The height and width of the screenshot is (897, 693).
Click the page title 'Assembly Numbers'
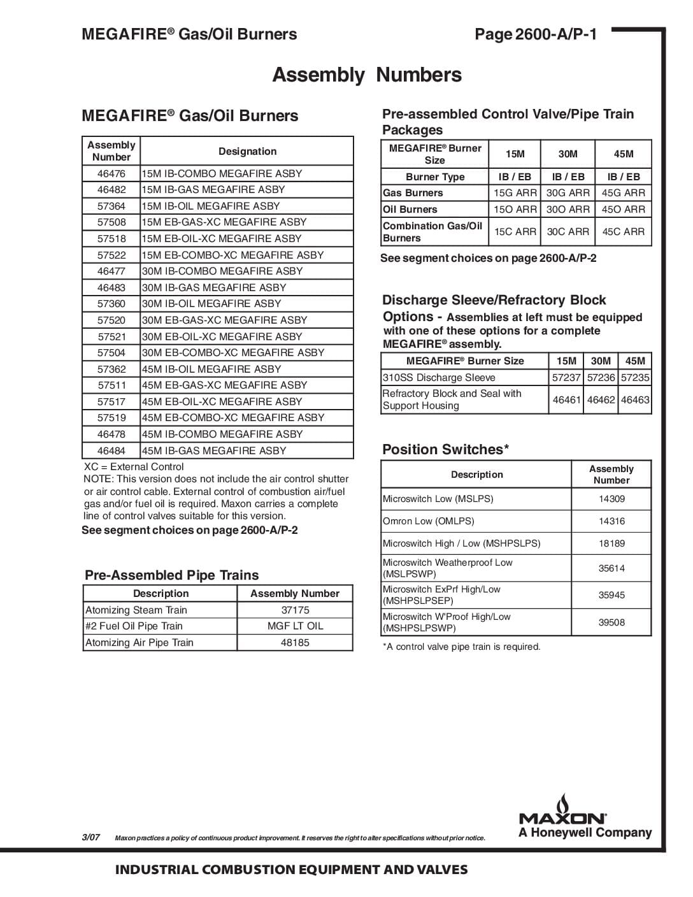pyautogui.click(x=367, y=75)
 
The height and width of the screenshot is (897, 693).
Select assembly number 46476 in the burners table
pyautogui.click(x=111, y=173)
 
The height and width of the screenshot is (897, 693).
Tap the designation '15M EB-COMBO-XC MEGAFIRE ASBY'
pyautogui.click(x=232, y=255)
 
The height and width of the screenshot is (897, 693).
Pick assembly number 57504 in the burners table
pyautogui.click(x=111, y=353)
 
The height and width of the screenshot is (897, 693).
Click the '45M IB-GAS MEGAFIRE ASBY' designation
pyautogui.click(x=214, y=450)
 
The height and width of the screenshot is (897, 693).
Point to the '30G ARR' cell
pyautogui.click(x=568, y=193)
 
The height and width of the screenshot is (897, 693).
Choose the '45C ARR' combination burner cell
pyautogui.click(x=623, y=232)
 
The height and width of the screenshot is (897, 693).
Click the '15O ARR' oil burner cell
pyautogui.click(x=515, y=210)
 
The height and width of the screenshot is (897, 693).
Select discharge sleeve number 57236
pyautogui.click(x=601, y=378)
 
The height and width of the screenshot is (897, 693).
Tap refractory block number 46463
pyautogui.click(x=635, y=400)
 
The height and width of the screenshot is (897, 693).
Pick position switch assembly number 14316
pyautogui.click(x=611, y=521)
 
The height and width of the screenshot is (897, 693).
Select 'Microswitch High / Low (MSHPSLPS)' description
pyautogui.click(x=461, y=543)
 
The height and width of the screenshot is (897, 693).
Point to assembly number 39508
pyautogui.click(x=611, y=622)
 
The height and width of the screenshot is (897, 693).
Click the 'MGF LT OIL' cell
pyautogui.click(x=295, y=626)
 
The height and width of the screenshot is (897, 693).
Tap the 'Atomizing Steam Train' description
pyautogui.click(x=136, y=610)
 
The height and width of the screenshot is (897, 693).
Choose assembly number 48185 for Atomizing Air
pyautogui.click(x=295, y=643)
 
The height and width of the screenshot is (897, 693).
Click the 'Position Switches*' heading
pyautogui.click(x=445, y=450)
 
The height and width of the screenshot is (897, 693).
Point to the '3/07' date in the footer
pyautogui.click(x=91, y=837)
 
